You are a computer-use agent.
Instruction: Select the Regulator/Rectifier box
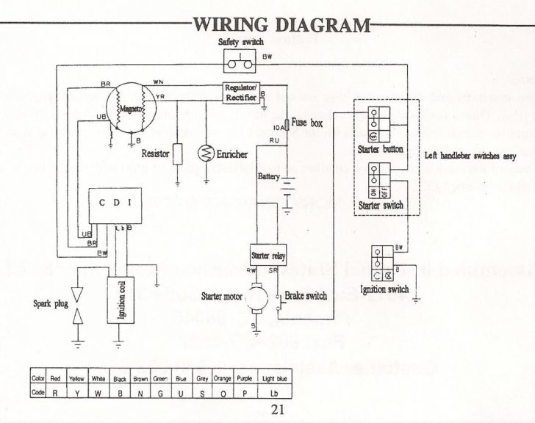click(x=242, y=92)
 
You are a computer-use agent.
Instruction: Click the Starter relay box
click(x=268, y=256)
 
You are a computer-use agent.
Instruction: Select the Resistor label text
click(x=156, y=154)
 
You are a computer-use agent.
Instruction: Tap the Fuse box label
click(x=307, y=123)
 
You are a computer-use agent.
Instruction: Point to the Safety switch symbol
click(x=238, y=59)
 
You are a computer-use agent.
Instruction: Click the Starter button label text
click(x=381, y=149)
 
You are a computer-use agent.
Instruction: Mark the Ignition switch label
click(x=385, y=289)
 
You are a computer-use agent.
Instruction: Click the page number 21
click(x=277, y=410)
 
